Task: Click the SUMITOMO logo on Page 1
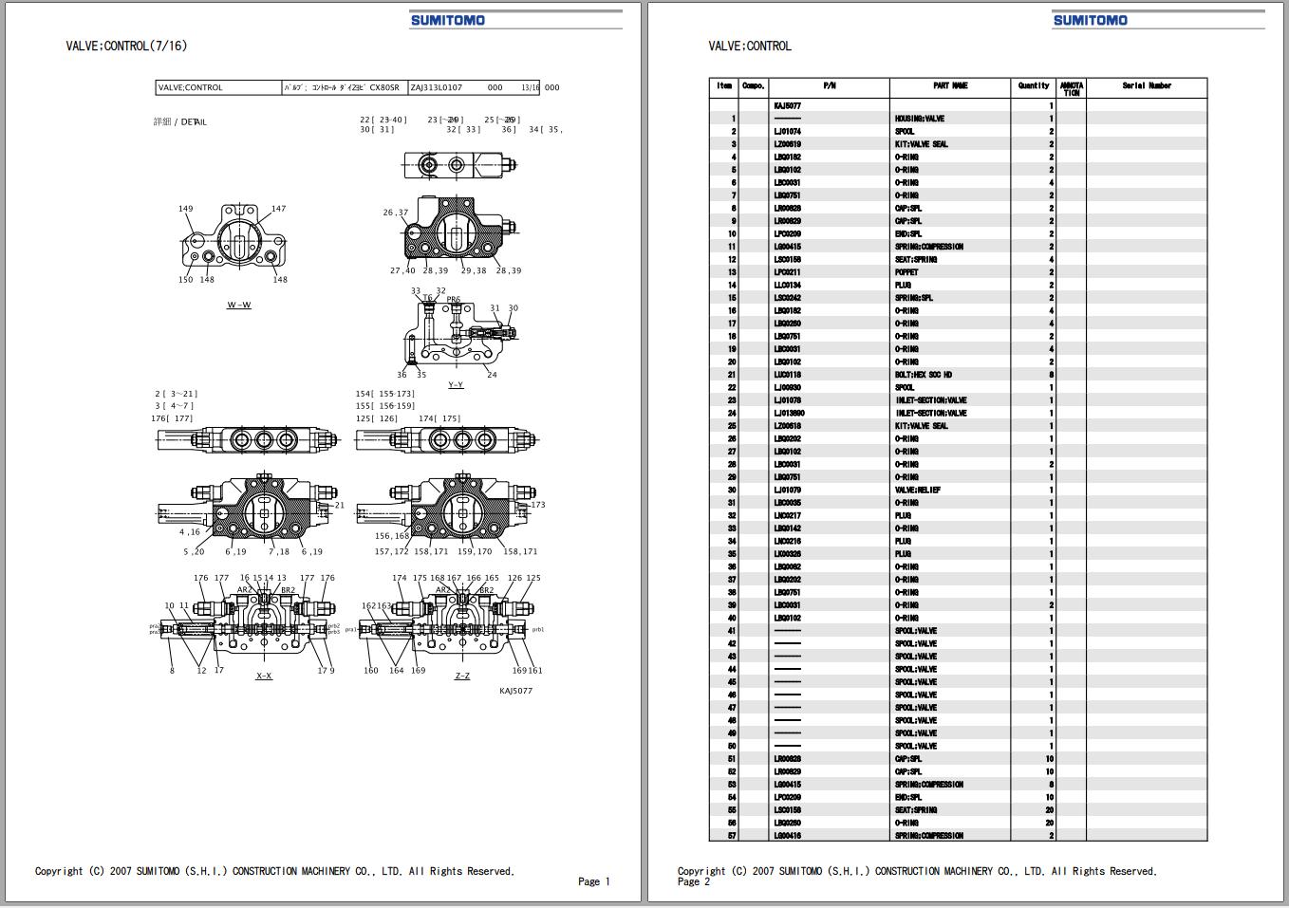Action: pos(447,20)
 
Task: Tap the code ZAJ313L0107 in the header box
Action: pos(437,87)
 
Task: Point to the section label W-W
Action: pos(239,306)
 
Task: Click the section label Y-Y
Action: pos(456,385)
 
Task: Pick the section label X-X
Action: pos(264,676)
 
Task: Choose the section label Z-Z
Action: pos(462,676)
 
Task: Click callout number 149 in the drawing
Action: pos(186,210)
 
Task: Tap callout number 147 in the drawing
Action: pos(278,209)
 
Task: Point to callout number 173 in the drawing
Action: pos(538,505)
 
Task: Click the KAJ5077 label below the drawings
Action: pos(516,691)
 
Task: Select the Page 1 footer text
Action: pos(594,881)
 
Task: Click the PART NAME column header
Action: pos(949,86)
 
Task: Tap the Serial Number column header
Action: pos(1147,86)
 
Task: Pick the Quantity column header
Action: pos(1034,86)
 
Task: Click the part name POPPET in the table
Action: pos(906,272)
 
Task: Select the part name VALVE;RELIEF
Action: pos(918,491)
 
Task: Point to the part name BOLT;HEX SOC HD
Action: pos(924,375)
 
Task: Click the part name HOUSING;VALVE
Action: pos(920,119)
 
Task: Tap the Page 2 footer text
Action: pos(694,882)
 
